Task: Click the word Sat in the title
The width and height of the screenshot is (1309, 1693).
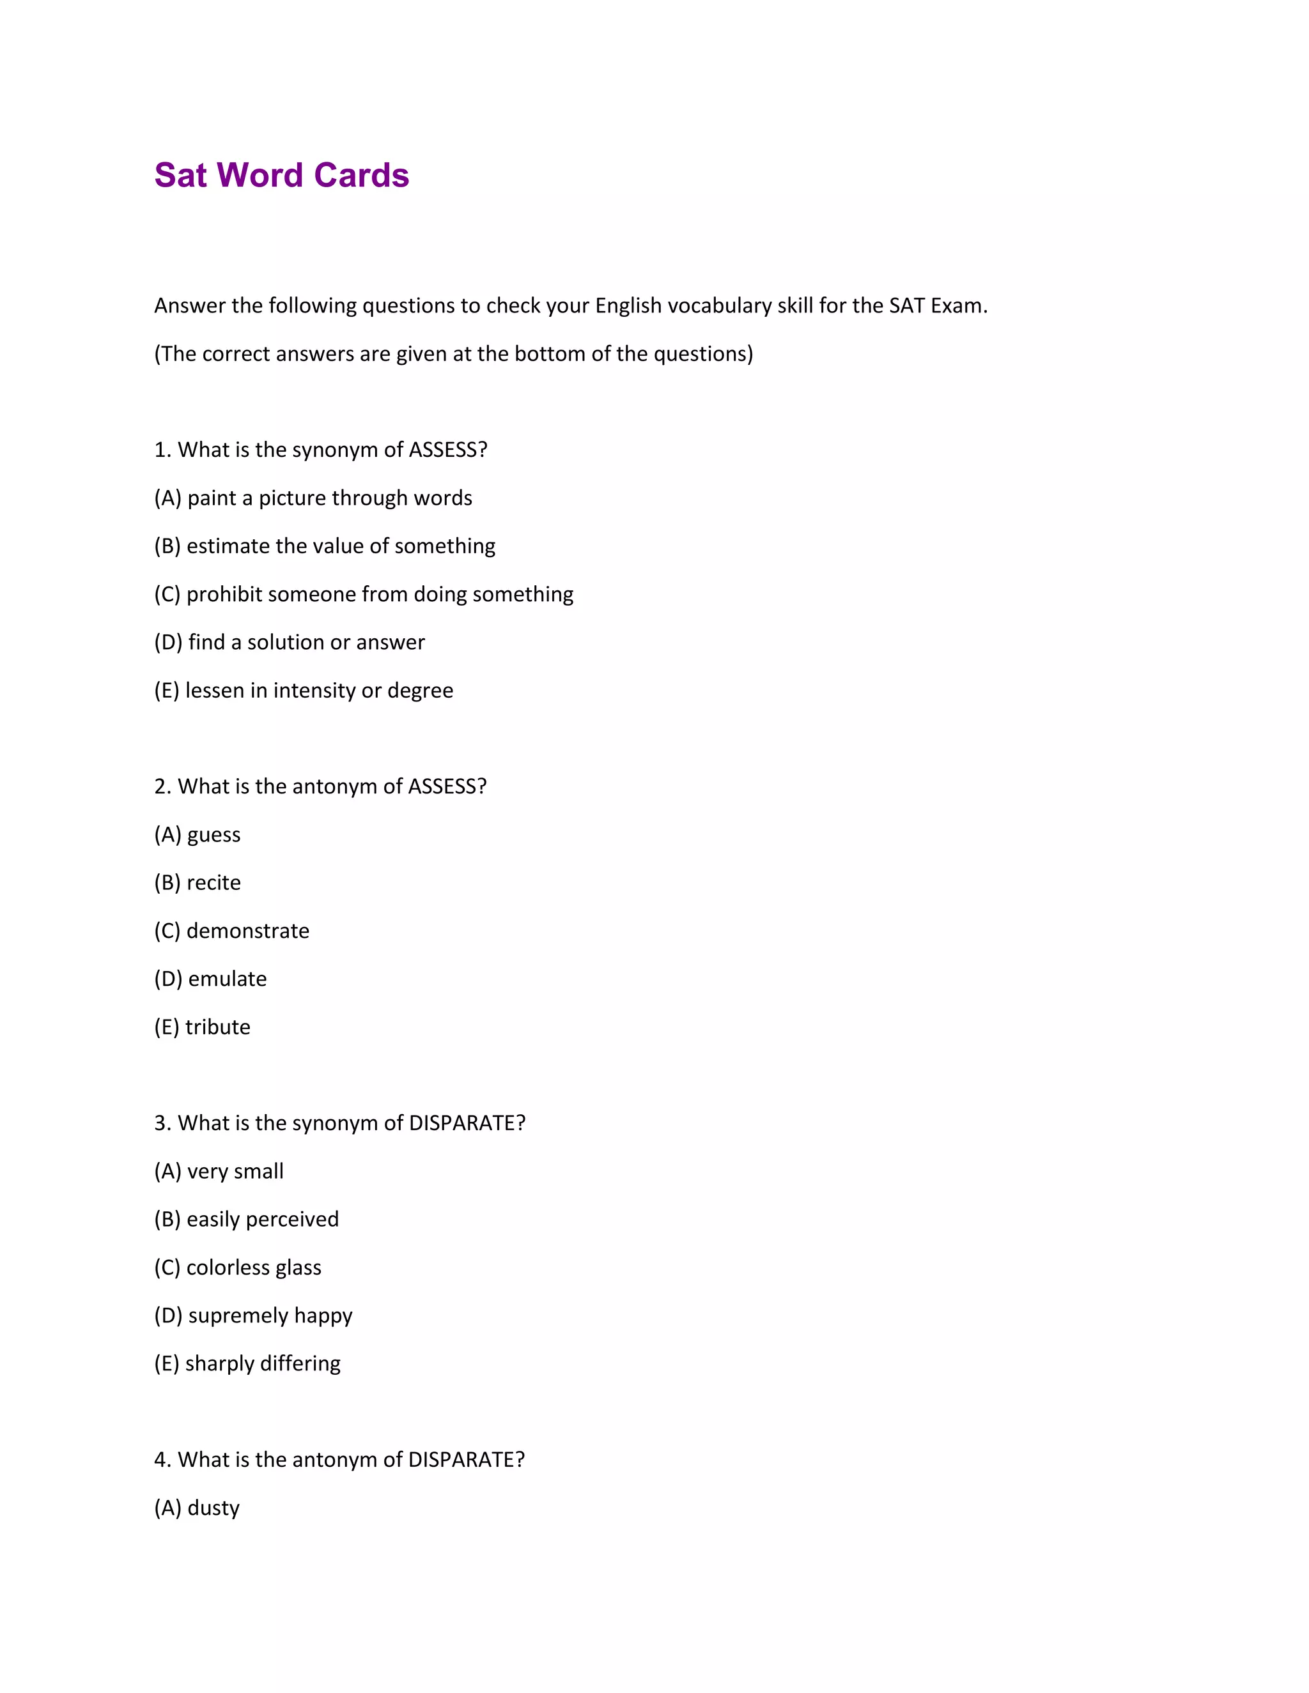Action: (181, 176)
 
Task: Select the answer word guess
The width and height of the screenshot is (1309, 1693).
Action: (214, 836)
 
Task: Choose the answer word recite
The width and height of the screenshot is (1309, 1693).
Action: (214, 883)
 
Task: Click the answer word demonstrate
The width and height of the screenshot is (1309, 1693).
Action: (248, 931)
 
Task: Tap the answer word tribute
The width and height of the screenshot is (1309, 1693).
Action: (218, 1027)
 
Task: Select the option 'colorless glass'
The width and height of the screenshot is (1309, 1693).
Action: (254, 1268)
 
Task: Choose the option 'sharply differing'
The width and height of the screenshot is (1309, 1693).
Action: (263, 1363)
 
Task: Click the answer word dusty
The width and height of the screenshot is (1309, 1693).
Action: (213, 1508)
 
